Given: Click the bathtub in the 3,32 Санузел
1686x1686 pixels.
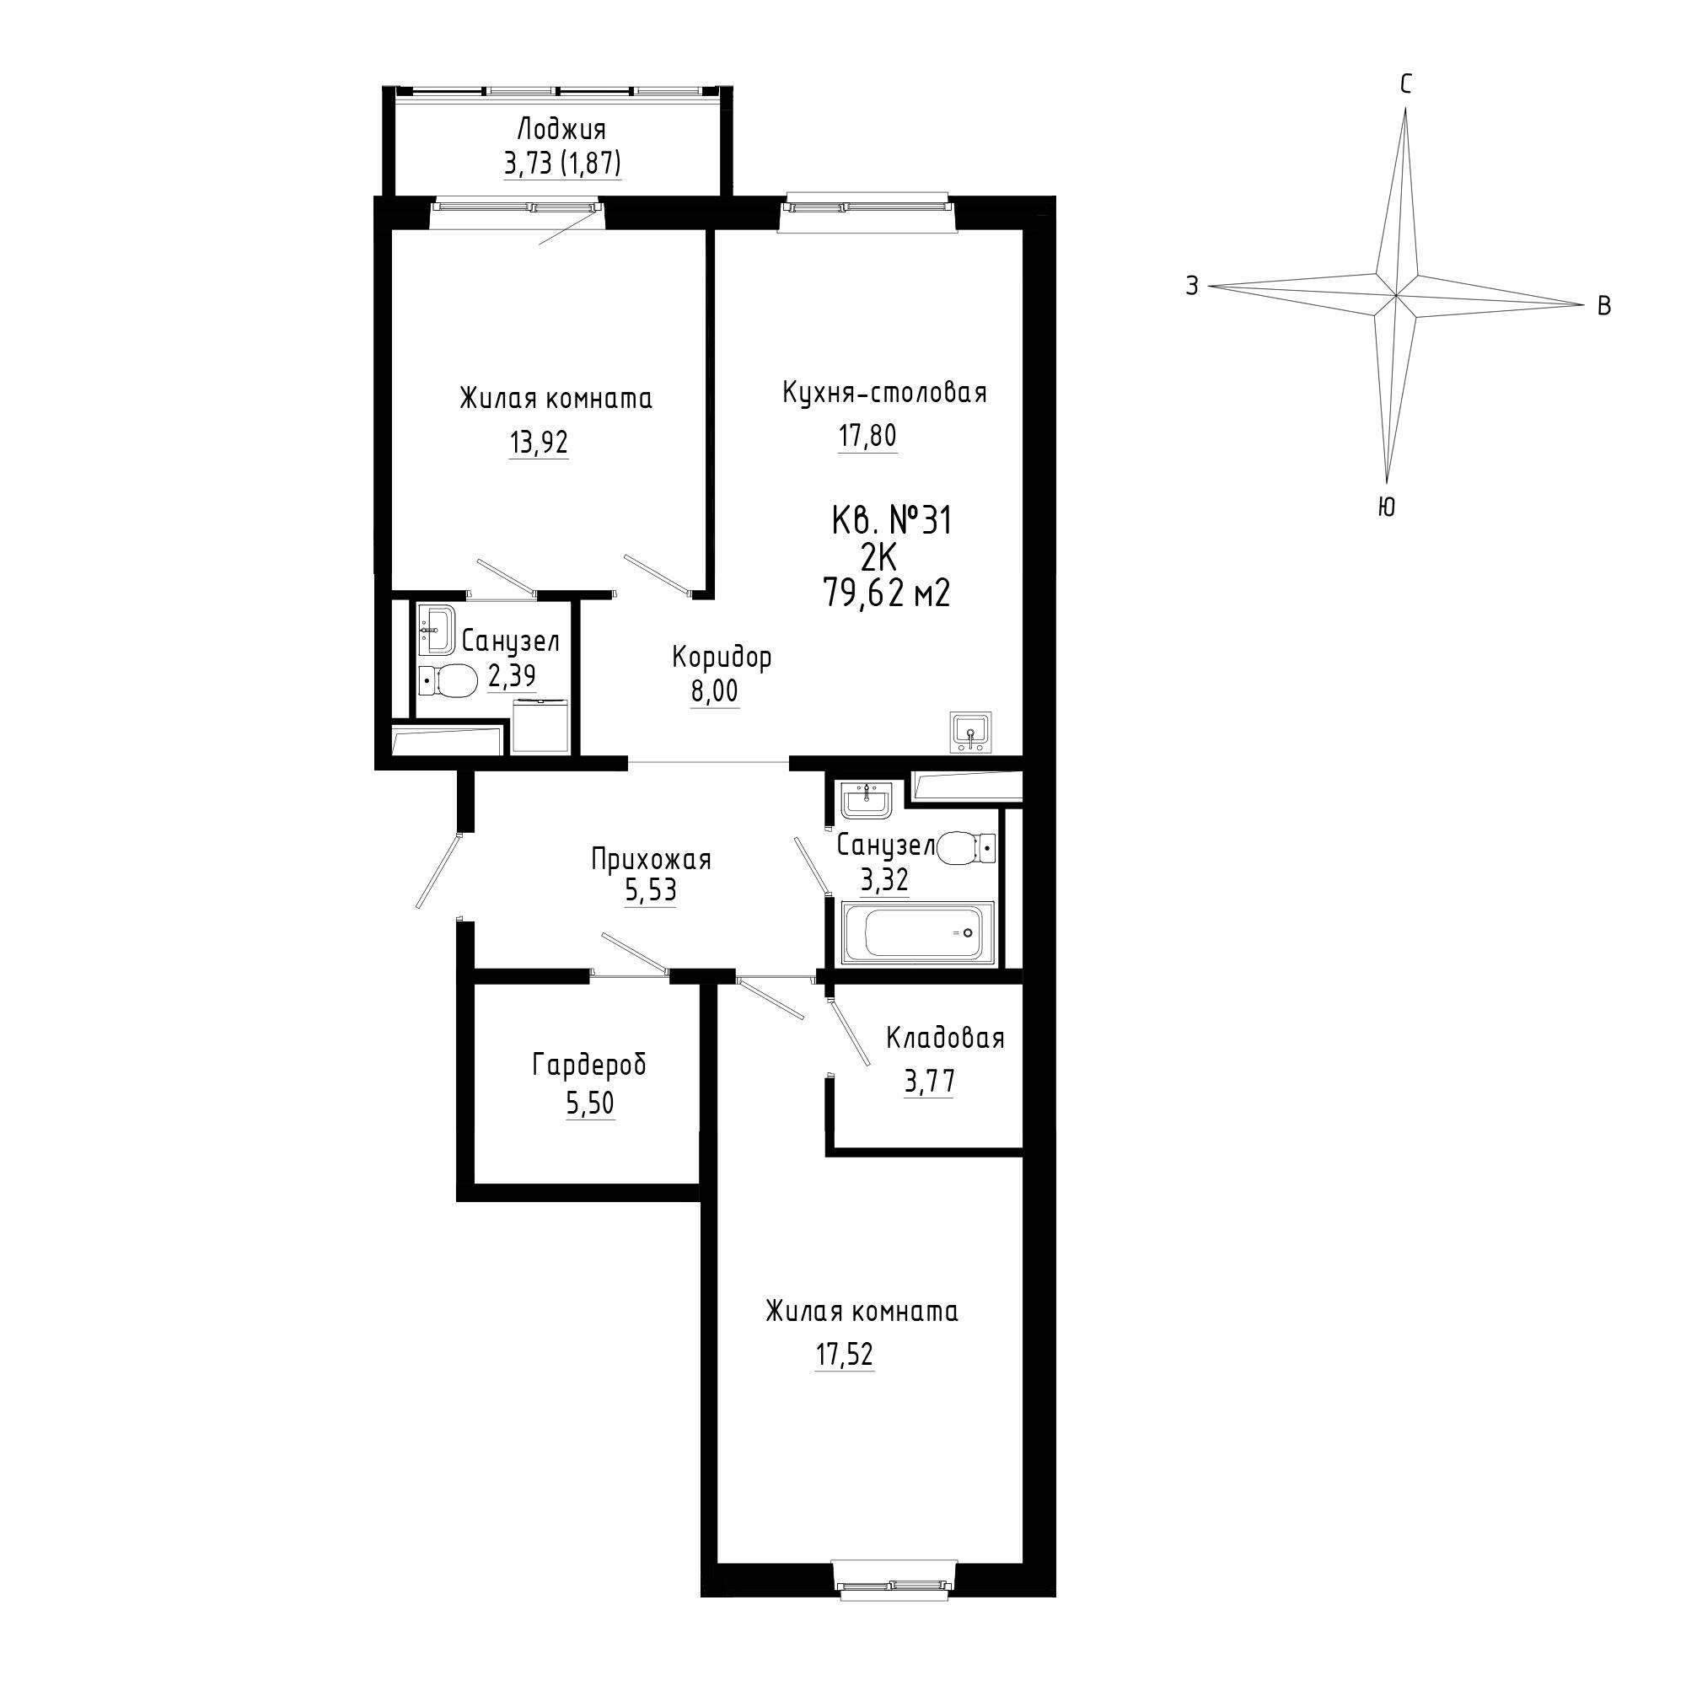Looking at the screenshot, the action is tap(917, 934).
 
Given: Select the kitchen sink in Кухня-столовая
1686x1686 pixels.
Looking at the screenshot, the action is tap(970, 731).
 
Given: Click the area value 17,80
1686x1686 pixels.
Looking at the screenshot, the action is tap(867, 435).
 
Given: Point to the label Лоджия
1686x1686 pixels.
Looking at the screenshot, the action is tap(561, 130).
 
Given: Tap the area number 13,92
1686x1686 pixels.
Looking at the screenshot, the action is tap(539, 443).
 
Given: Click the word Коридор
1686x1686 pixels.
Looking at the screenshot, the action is tap(722, 658).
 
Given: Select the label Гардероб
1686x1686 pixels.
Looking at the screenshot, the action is tap(590, 1066).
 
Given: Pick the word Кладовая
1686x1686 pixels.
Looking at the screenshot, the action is tap(945, 1039).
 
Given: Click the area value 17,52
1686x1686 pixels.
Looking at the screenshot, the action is tap(845, 1356).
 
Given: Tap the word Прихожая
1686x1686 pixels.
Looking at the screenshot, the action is tap(651, 861).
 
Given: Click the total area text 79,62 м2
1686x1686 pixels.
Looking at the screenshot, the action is tap(887, 594).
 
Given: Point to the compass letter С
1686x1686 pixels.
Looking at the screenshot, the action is tap(1406, 84).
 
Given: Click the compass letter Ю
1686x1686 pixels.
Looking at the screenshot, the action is tap(1385, 507).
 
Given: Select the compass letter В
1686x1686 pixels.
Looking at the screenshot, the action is tap(1603, 306).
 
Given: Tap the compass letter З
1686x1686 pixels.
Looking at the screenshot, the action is tap(1192, 286).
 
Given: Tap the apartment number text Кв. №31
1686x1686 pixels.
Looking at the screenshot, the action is tap(891, 522).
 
